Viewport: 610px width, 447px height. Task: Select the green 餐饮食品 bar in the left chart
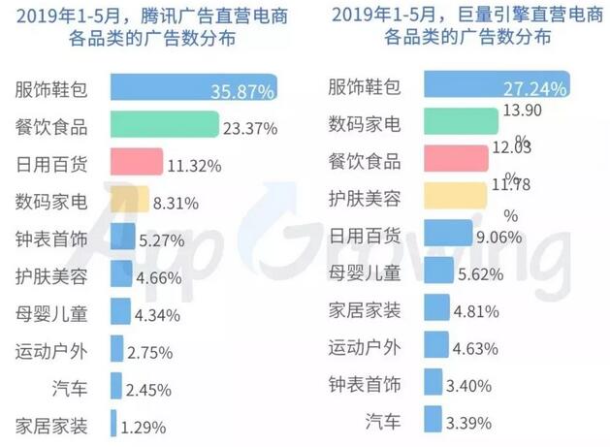pyautogui.click(x=163, y=124)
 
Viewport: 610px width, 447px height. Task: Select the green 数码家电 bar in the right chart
pyautogui.click(x=458, y=124)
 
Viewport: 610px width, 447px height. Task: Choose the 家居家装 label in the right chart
pyautogui.click(x=366, y=310)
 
